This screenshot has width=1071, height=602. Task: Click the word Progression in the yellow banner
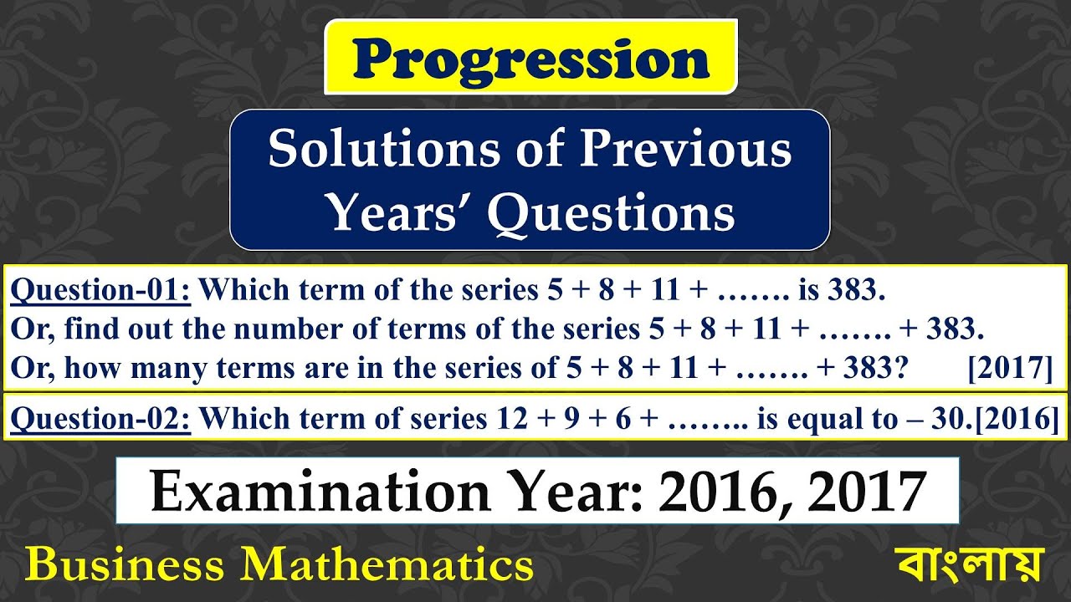pos(530,59)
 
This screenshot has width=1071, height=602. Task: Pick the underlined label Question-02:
pos(101,418)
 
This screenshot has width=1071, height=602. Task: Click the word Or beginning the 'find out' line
pos(24,329)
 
